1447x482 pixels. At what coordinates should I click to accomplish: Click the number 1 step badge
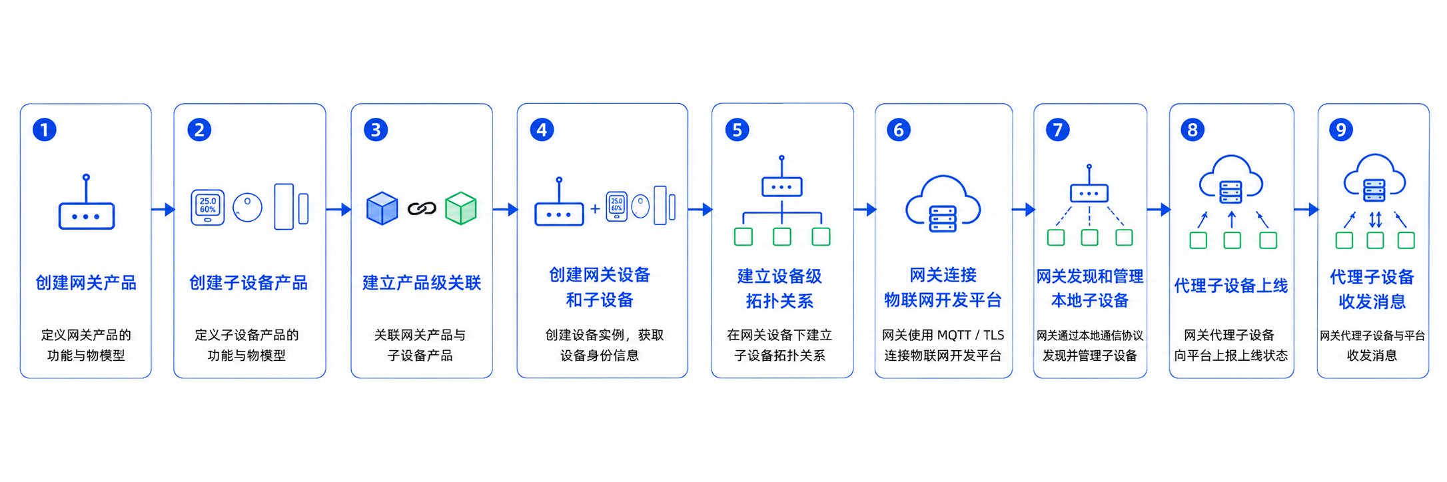[45, 130]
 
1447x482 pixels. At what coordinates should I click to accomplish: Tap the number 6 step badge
[899, 130]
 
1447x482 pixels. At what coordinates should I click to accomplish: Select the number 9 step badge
[1341, 130]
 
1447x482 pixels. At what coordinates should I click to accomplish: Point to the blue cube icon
[382, 208]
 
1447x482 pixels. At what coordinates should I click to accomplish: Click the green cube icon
[461, 208]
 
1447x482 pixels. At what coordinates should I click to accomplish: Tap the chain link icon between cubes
[422, 209]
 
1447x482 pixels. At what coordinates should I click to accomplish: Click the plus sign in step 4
[595, 209]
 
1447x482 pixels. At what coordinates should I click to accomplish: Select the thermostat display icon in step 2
[208, 207]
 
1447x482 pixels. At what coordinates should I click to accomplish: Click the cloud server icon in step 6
[943, 204]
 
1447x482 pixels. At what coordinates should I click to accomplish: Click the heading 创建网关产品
[86, 283]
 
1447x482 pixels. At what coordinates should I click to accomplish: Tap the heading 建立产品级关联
[422, 283]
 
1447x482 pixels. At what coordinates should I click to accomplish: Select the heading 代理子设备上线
[1231, 286]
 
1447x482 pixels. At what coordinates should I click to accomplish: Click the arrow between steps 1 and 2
[163, 210]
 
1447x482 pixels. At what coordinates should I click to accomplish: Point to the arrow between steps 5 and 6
[865, 210]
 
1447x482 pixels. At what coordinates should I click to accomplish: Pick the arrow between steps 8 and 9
[1306, 210]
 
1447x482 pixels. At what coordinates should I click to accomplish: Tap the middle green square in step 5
[782, 237]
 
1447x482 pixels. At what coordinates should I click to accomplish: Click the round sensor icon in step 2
[248, 208]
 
